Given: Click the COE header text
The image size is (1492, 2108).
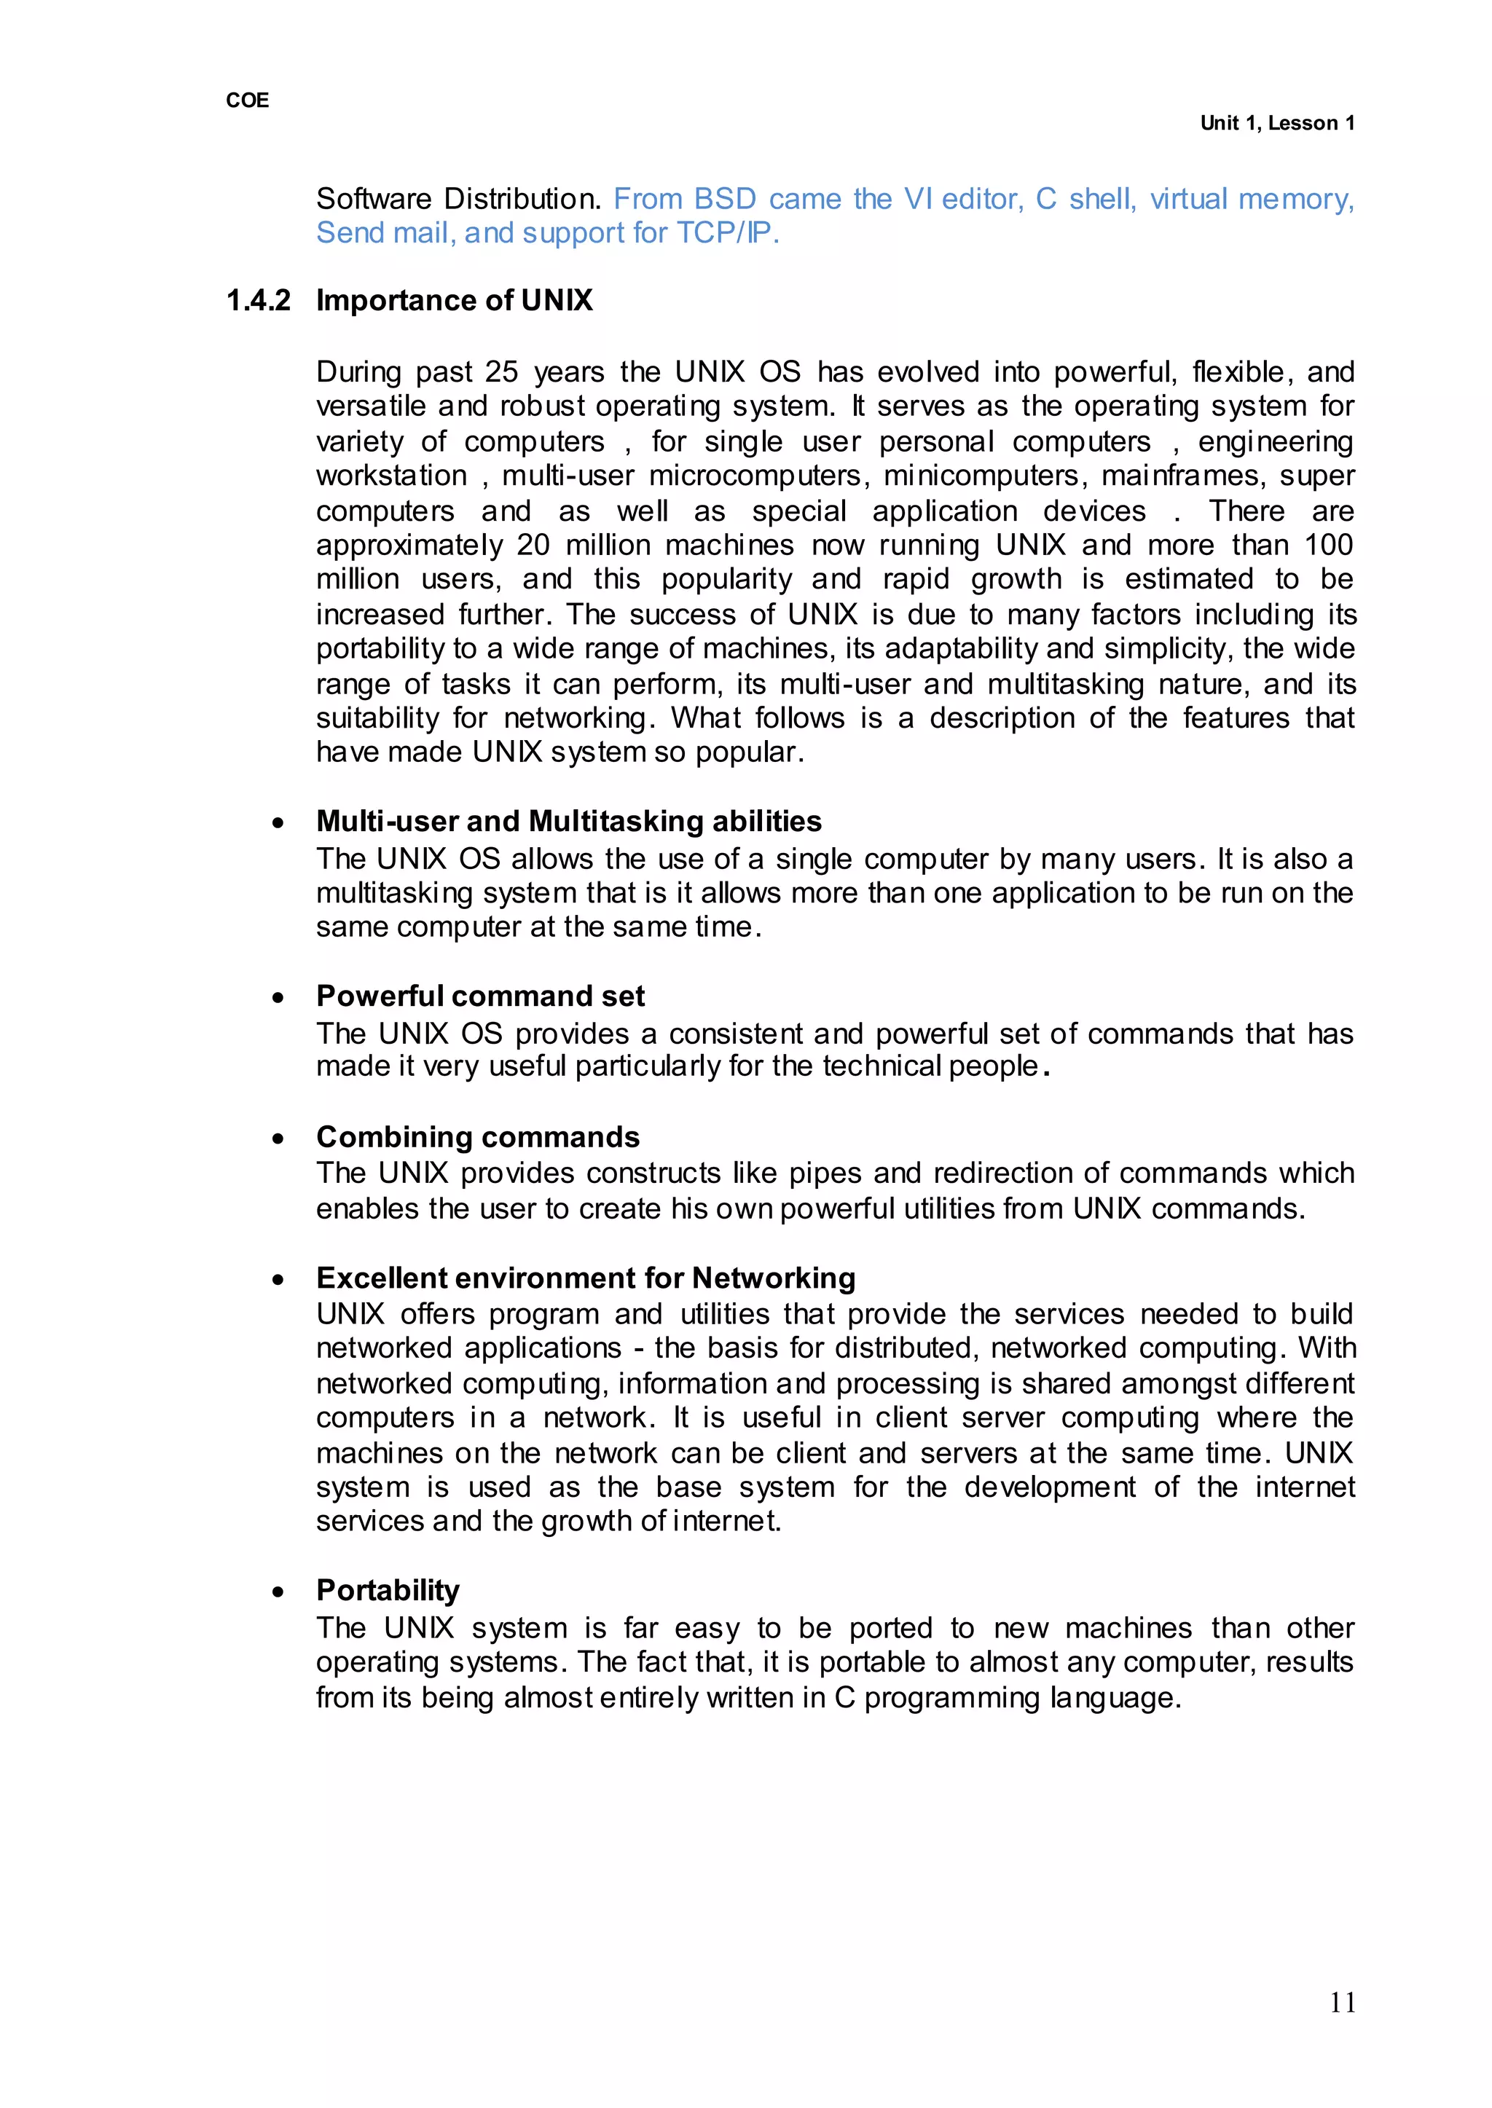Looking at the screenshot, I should pos(247,100).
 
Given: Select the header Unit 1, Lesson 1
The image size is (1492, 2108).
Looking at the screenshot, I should pos(1276,123).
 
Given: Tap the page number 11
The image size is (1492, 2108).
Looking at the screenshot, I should pos(1342,2002).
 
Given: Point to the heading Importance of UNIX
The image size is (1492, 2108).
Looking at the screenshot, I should pos(454,300).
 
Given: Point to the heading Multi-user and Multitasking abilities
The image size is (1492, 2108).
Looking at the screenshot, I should pos(569,820).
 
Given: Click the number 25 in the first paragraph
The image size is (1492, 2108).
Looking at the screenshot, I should pos(502,372).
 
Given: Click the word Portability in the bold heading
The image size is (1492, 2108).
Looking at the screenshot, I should pos(388,1590).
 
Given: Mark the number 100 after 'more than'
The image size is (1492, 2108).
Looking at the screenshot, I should pos(1329,545).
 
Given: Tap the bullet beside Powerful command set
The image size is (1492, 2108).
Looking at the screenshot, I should pos(278,997).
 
